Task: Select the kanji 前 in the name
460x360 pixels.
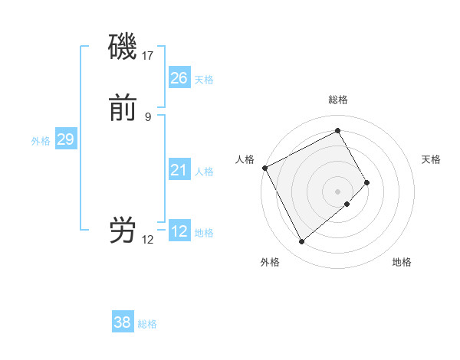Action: [x=123, y=110]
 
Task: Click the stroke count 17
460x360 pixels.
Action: [x=148, y=56]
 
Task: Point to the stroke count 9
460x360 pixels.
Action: [x=148, y=116]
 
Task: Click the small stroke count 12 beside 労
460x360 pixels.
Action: [x=148, y=239]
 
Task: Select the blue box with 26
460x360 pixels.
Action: [x=179, y=78]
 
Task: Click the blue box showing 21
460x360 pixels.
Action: [x=179, y=170]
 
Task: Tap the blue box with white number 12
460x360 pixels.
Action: [x=179, y=231]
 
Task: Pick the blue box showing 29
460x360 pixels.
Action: [x=65, y=139]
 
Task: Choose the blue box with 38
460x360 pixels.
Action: [x=122, y=322]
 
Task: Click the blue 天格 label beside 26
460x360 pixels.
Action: [x=204, y=80]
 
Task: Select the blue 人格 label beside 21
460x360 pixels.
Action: [x=204, y=172]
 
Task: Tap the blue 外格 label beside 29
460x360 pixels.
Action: [x=41, y=141]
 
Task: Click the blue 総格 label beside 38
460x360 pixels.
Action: [x=147, y=324]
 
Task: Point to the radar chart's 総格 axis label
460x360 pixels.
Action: [x=337, y=100]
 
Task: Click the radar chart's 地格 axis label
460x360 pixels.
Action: [x=402, y=262]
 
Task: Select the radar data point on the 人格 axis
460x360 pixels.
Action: [x=264, y=168]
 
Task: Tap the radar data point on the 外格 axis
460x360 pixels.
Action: [x=301, y=242]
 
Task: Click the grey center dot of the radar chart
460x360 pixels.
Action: [x=337, y=190]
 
